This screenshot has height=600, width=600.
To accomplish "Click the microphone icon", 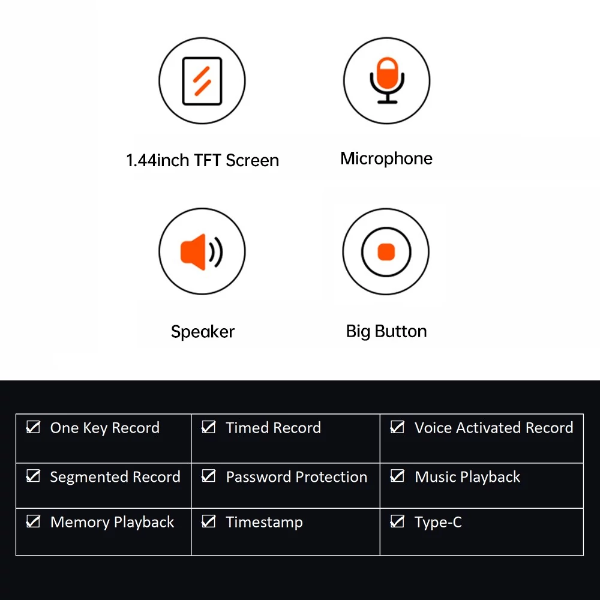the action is tap(387, 80).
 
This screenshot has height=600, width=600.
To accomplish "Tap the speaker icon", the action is tap(202, 252).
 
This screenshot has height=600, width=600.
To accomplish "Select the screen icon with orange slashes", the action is tap(202, 81).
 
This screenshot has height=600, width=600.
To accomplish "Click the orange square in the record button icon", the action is tap(386, 252).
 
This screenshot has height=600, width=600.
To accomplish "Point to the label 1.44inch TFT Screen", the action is tap(202, 160).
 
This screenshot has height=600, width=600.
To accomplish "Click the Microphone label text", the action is tap(386, 158).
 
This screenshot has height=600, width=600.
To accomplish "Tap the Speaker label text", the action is tap(202, 332).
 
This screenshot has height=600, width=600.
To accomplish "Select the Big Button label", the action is tap(386, 331).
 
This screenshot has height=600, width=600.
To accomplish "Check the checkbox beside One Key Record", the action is tap(33, 427).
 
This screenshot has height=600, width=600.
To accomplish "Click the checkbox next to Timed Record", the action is tap(209, 427).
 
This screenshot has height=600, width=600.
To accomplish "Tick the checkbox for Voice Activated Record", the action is tap(397, 427).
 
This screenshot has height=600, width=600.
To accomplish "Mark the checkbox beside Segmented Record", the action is tap(33, 476).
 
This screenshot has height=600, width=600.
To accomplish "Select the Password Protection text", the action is tap(296, 477).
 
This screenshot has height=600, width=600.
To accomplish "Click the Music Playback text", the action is tap(467, 478).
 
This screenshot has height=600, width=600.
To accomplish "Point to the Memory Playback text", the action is tap(112, 523).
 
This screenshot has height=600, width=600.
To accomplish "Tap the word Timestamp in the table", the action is tap(264, 523).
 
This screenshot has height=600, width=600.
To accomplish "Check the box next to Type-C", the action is tap(397, 521).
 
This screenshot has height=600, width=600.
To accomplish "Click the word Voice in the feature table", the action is tap(433, 428).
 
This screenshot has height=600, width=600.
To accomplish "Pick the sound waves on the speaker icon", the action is tap(216, 252).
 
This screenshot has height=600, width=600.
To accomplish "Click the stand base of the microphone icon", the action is tap(387, 102).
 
